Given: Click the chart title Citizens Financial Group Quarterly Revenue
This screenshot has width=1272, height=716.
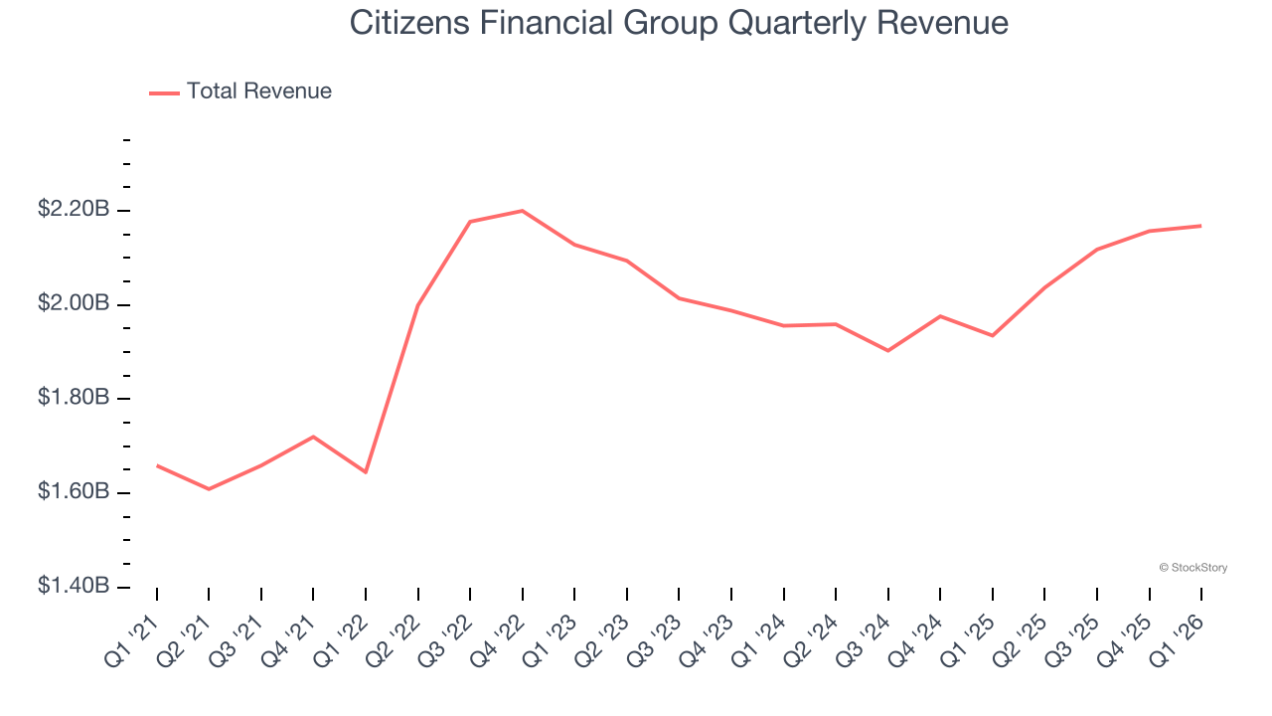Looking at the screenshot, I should (x=679, y=24).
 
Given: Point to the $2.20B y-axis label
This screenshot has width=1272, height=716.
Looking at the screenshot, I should (x=74, y=210).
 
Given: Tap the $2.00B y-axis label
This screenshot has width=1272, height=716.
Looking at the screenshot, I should (x=74, y=303).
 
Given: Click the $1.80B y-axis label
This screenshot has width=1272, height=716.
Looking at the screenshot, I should (x=74, y=398).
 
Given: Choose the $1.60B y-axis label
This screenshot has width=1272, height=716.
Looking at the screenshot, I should (x=74, y=492).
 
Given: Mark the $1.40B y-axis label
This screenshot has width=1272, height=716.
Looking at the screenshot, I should (x=74, y=586).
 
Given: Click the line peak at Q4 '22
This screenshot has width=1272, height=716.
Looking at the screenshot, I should (x=523, y=211).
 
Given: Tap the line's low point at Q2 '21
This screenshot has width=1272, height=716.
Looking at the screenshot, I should (x=209, y=489).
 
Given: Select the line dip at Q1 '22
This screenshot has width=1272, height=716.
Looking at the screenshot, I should (x=366, y=471).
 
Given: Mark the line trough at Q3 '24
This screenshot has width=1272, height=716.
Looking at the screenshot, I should (x=887, y=351).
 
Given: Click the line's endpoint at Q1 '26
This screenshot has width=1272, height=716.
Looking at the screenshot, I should (x=1201, y=226).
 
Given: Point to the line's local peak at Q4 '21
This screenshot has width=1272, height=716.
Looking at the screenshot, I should (x=313, y=437).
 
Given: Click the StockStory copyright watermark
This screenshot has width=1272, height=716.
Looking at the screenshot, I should (x=1192, y=568).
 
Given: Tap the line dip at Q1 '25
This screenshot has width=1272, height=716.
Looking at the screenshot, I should (x=992, y=335).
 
